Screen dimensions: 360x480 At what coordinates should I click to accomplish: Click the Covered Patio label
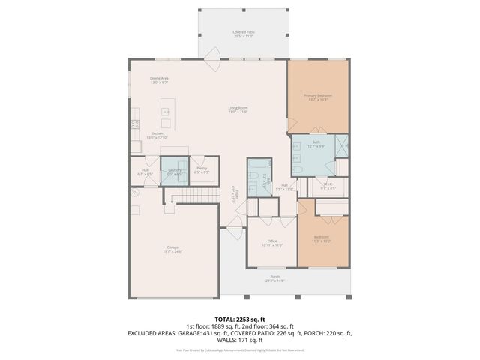[x=242, y=34]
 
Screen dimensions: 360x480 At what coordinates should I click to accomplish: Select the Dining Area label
[x=158, y=79]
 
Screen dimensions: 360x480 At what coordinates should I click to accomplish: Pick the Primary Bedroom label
[x=318, y=97]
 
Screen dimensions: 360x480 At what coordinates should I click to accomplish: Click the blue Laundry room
[x=174, y=171]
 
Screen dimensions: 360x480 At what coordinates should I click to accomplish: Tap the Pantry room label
[x=202, y=169]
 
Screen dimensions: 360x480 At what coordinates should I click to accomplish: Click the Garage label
[x=172, y=248]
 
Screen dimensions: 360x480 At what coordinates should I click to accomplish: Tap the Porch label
[x=274, y=277]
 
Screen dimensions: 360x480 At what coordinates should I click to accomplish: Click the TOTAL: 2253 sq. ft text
[x=239, y=319]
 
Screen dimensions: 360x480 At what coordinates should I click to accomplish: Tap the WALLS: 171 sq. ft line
[x=239, y=340]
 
